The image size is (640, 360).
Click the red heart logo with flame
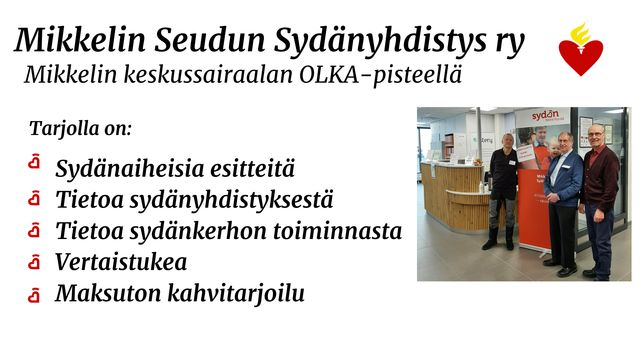point(580,49)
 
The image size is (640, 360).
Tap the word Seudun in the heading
point(210,40)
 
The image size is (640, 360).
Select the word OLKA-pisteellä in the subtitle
point(381,76)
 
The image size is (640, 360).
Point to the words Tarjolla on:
point(80,129)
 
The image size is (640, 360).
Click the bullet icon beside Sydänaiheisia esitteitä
point(34,161)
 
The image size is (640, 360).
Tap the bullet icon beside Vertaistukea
point(34,262)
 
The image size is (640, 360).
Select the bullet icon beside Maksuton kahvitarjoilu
point(34,294)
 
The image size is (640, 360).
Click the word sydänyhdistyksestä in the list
point(231,201)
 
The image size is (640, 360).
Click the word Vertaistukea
point(121,262)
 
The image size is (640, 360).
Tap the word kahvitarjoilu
point(236,294)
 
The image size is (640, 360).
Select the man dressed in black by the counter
point(503,191)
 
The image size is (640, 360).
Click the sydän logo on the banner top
point(545,116)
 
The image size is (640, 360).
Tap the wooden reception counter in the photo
point(456,196)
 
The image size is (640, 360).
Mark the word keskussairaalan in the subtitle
point(207,75)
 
